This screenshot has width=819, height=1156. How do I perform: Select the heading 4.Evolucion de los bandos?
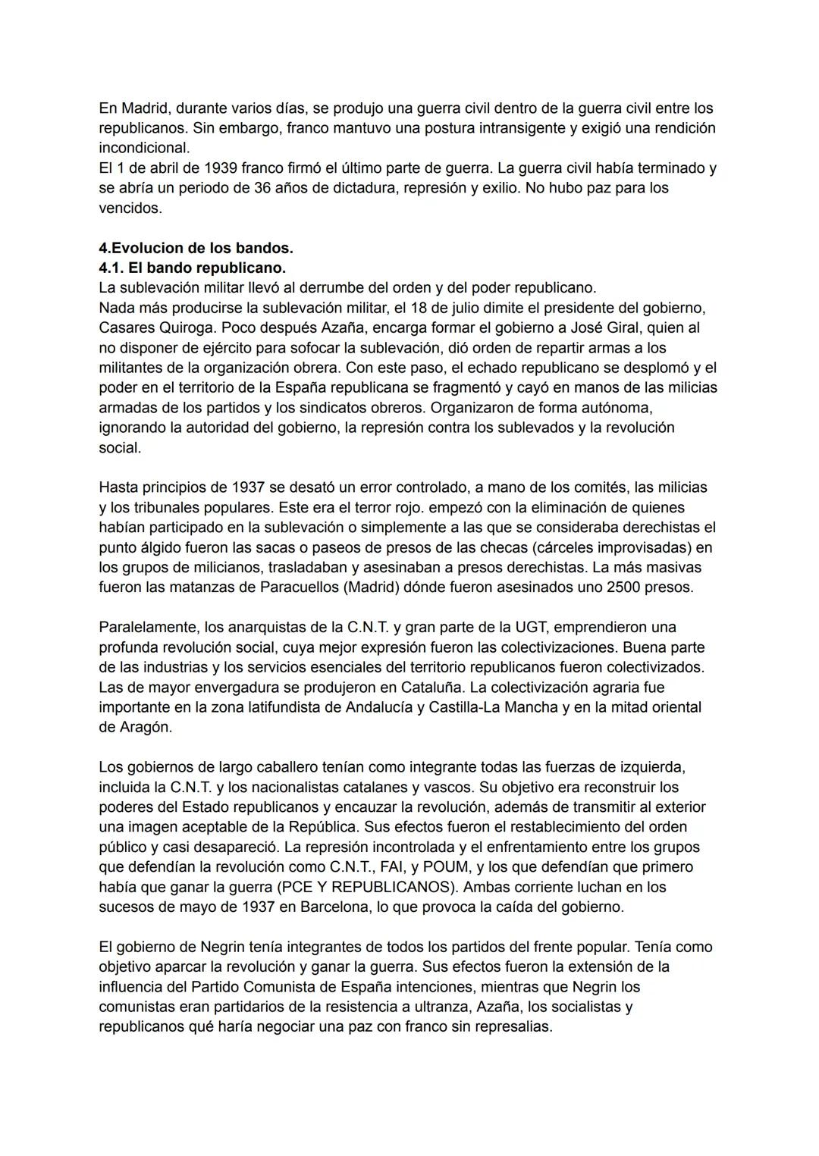(x=196, y=248)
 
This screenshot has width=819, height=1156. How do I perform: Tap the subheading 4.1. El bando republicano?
(x=192, y=268)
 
